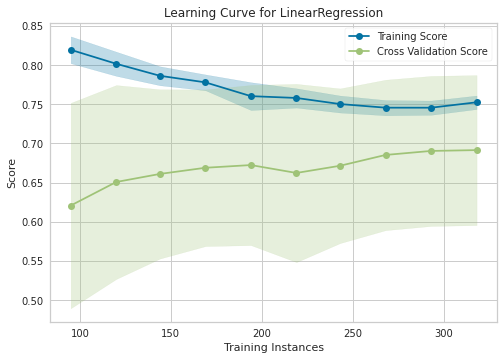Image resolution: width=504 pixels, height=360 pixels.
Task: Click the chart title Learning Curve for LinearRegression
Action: [272, 13]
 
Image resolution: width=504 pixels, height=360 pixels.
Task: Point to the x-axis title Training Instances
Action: [272, 347]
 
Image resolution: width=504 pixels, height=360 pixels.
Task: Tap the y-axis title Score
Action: [12, 173]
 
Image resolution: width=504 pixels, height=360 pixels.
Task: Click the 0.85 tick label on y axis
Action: [30, 27]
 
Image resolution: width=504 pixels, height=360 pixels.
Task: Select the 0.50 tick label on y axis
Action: [30, 301]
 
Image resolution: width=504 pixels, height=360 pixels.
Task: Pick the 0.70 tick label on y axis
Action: [30, 144]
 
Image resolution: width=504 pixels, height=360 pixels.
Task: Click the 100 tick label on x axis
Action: [80, 333]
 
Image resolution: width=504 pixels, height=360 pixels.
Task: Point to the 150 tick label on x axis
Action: [171, 333]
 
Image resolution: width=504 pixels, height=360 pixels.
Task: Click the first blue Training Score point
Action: [71, 50]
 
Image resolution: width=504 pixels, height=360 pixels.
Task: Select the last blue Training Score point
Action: [477, 102]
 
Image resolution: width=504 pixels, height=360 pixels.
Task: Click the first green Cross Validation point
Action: [71, 206]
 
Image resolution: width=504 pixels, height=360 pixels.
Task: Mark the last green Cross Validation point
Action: [477, 150]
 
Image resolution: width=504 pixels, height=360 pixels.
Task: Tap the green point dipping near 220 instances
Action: [295, 173]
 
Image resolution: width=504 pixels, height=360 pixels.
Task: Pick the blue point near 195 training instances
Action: [251, 96]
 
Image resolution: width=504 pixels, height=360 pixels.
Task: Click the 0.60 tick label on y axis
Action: [30, 222]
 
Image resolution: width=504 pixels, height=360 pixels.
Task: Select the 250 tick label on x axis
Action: [353, 333]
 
